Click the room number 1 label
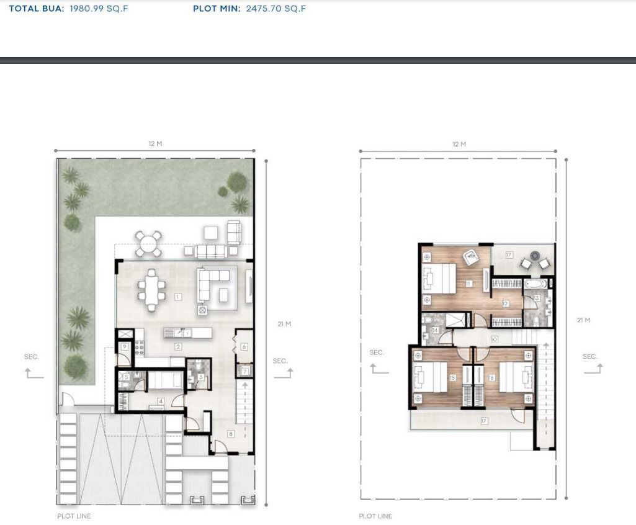[x=177, y=297]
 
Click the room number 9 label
[x=125, y=346]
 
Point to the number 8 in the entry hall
[x=231, y=434]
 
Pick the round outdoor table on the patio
[x=149, y=243]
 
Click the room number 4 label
[x=160, y=402]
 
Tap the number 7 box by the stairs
[x=244, y=371]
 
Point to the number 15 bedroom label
[x=452, y=377]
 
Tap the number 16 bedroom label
[x=491, y=377]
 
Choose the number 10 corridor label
[x=494, y=339]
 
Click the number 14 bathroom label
[x=435, y=330]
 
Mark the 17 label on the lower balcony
[x=483, y=421]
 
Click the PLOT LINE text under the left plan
[x=74, y=516]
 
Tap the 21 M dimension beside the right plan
[x=583, y=320]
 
